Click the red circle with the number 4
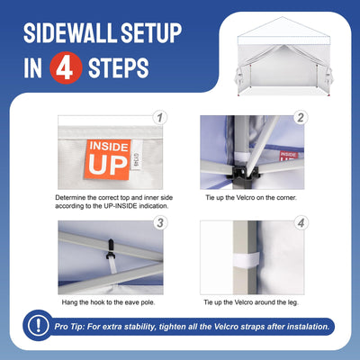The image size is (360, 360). [x=66, y=67]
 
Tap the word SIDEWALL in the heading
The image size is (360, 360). [x=70, y=33]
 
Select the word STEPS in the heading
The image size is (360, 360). [x=119, y=68]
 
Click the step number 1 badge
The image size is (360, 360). [x=160, y=118]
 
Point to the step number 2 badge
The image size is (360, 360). [x=301, y=118]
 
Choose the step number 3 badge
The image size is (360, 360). [x=160, y=223]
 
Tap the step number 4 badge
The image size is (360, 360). [x=301, y=223]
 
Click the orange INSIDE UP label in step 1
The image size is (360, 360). [x=108, y=159]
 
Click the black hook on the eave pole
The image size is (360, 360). [x=110, y=249]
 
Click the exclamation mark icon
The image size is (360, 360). [x=38, y=325]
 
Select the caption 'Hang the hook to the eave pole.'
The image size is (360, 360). [x=108, y=302]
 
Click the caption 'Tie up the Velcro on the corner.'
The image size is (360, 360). [x=251, y=198]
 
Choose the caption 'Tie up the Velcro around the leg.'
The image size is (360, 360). [x=251, y=302]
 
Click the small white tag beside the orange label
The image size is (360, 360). [x=136, y=155]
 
